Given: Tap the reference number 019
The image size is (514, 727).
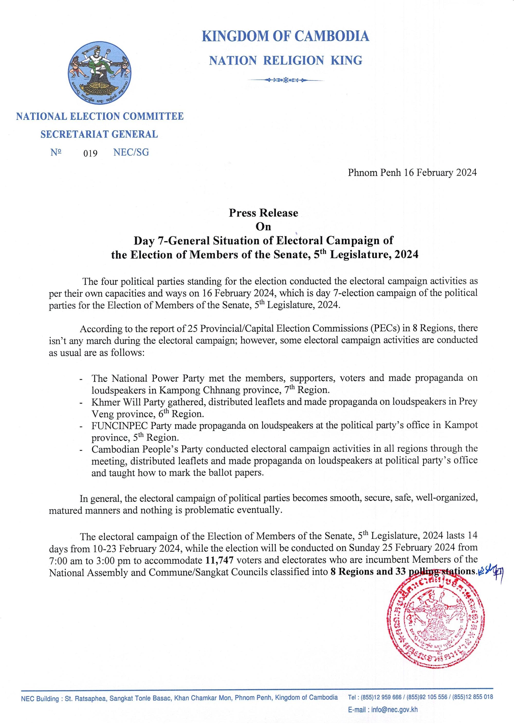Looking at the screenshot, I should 90,154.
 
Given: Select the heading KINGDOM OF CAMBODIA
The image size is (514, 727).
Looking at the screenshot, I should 285,37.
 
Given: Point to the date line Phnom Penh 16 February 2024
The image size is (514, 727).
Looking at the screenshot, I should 412,173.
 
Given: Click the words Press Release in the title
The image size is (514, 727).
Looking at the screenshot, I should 263,213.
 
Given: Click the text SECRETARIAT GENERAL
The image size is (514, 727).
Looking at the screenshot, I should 99,134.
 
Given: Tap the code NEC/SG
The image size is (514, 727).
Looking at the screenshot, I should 131,152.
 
